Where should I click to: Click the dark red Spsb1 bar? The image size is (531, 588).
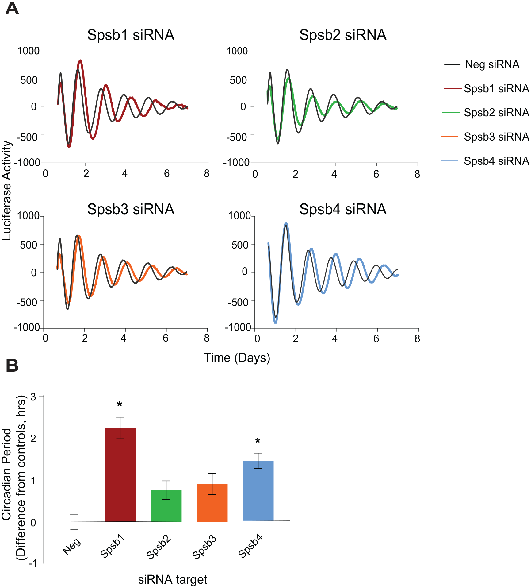120,474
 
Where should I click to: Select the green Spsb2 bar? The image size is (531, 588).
166,506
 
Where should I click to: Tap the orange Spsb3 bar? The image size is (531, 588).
212,503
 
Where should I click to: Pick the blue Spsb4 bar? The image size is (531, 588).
258,490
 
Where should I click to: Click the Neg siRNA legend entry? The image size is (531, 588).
482,64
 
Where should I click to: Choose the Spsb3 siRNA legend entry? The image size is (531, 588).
485,137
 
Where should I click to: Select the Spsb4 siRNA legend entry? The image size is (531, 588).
485,161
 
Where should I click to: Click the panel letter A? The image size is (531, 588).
12,8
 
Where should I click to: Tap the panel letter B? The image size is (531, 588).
12,366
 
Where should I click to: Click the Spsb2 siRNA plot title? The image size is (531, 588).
343,35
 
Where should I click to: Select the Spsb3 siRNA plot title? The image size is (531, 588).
131,209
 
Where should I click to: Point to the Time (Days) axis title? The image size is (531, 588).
237,358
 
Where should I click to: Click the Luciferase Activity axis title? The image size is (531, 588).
6,191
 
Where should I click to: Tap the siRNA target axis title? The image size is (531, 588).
172,580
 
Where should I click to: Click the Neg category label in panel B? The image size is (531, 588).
72,546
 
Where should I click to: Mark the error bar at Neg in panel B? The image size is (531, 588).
74,522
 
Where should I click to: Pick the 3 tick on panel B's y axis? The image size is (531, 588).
33,397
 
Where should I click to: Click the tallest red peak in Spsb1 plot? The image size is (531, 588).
80,60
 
